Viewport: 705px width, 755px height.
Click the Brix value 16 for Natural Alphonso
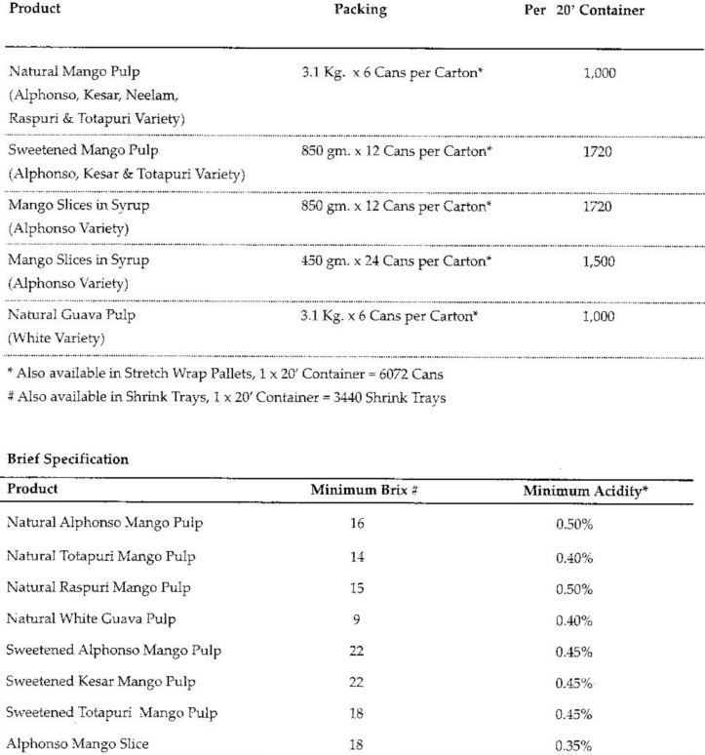coord(356,524)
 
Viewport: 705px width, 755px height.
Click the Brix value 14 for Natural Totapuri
coord(356,557)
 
